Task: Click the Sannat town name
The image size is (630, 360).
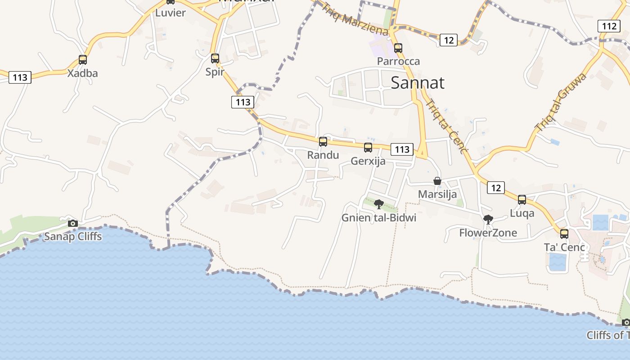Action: point(417,83)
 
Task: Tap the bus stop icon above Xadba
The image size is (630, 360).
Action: point(83,59)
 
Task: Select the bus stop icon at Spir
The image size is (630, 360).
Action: point(215,58)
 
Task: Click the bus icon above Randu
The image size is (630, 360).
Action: point(323,142)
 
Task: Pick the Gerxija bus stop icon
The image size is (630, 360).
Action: point(368,148)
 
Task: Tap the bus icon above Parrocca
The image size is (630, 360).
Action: point(398,48)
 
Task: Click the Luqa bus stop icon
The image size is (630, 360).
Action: point(522,200)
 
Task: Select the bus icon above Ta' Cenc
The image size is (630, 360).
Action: point(564,234)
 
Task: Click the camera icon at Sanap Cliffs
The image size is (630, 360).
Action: point(73,223)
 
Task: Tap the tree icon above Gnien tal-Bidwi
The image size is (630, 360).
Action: point(379,204)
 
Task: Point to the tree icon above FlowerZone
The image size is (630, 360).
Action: point(488,220)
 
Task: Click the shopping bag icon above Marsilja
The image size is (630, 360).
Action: point(437,181)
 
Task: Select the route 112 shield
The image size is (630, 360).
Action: point(609,26)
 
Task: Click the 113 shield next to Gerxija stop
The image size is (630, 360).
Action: point(402,149)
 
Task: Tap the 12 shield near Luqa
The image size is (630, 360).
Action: point(495,188)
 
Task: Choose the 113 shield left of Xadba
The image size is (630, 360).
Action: point(20,77)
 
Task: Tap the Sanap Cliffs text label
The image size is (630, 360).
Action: point(73,237)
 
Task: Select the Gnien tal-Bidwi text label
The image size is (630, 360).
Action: point(379,218)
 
